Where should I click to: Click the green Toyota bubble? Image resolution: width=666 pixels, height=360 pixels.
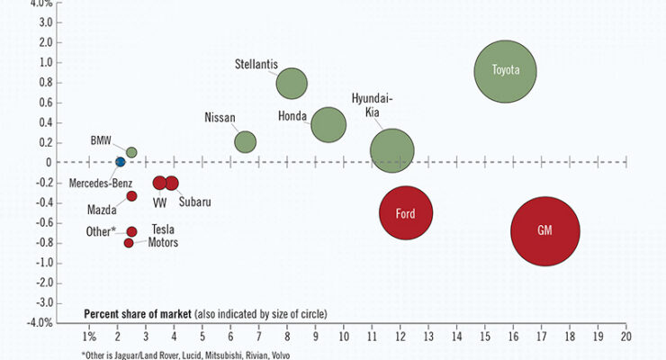click(506, 71)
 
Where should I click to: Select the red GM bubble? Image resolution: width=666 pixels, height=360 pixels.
click(545, 231)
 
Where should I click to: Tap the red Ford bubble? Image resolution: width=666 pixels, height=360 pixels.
click(406, 212)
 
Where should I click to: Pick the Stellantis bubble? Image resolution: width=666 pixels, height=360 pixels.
click(292, 84)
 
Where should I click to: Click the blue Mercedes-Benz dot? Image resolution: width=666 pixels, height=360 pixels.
click(121, 162)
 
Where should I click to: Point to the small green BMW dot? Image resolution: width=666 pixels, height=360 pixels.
click(131, 152)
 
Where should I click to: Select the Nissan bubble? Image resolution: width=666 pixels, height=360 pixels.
click(246, 142)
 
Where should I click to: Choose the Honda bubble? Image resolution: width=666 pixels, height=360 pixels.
click(328, 125)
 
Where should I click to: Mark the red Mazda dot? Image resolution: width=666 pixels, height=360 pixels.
click(131, 196)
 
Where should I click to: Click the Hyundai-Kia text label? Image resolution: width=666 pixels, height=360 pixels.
click(372, 105)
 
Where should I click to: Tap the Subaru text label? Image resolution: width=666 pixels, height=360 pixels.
click(194, 202)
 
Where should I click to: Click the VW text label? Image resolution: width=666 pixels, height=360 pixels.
click(159, 203)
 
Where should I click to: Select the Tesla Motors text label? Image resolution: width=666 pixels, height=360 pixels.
click(163, 236)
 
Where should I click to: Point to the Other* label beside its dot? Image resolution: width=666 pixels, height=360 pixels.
click(101, 231)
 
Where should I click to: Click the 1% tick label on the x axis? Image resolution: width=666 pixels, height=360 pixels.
click(89, 337)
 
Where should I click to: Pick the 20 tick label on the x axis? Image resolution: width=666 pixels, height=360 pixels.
click(626, 337)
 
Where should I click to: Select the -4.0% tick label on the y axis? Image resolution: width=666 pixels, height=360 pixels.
click(40, 322)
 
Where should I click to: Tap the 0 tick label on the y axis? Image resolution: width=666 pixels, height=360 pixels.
click(49, 162)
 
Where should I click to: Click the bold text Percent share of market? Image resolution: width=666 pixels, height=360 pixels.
click(138, 314)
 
